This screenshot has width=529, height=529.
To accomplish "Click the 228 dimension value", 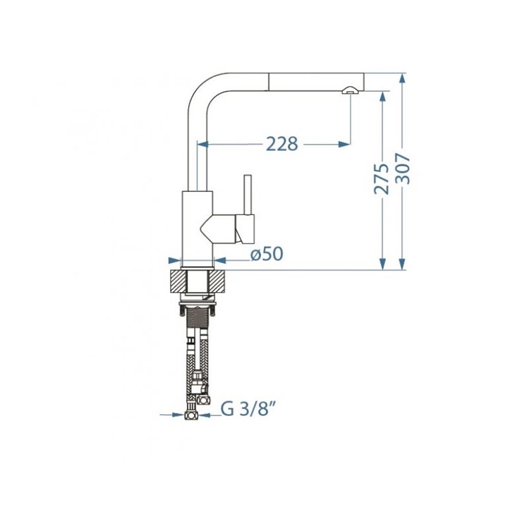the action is click(x=282, y=144).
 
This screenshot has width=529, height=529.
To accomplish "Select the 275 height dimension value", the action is click(x=382, y=179).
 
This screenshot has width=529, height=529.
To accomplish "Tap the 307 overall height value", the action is click(x=403, y=169).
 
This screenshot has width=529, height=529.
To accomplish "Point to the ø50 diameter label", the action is click(x=267, y=254).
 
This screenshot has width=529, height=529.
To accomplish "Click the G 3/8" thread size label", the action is click(x=247, y=410).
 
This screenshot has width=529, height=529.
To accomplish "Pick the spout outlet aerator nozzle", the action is click(x=350, y=90).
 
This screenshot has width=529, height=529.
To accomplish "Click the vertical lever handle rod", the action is click(x=248, y=195).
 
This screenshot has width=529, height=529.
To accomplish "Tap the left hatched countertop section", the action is click(x=178, y=281).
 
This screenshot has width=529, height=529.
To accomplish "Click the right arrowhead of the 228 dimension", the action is click(x=344, y=145).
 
